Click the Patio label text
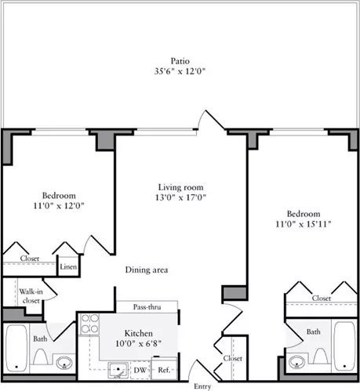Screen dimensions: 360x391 [180, 61]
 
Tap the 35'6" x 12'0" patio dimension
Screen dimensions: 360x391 [180, 71]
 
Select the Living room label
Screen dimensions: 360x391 [180, 187]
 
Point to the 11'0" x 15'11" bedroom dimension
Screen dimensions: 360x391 [304, 224]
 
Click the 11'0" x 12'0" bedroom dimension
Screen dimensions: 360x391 [59, 205]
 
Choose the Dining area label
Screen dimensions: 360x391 [147, 270]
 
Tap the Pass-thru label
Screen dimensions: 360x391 [147, 307]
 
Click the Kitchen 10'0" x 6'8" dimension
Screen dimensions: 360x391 [139, 343]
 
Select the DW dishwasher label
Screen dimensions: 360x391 [140, 370]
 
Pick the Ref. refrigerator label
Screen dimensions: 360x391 [164, 370]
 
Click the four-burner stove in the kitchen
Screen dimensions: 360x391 [89, 324]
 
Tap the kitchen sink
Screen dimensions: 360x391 [118, 370]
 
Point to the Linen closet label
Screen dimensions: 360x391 [68, 266]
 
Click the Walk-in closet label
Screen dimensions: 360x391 [31, 296]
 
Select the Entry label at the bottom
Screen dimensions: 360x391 [202, 386]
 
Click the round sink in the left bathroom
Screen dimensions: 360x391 [64, 363]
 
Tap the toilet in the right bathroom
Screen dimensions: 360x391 [320, 357]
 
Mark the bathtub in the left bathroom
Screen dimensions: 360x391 [16, 348]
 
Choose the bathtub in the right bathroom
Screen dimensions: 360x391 [344, 346]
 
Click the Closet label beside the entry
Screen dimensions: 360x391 [232, 358]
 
